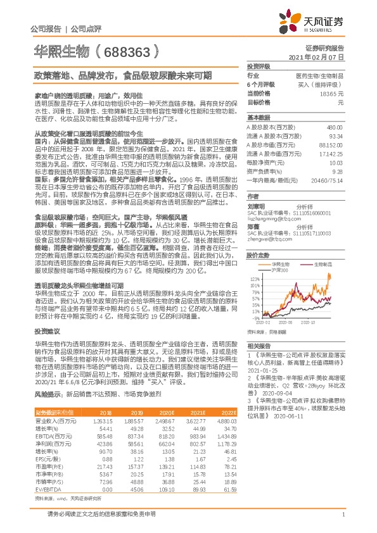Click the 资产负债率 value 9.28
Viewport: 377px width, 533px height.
[338, 170]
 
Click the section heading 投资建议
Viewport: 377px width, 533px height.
[46, 331]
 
